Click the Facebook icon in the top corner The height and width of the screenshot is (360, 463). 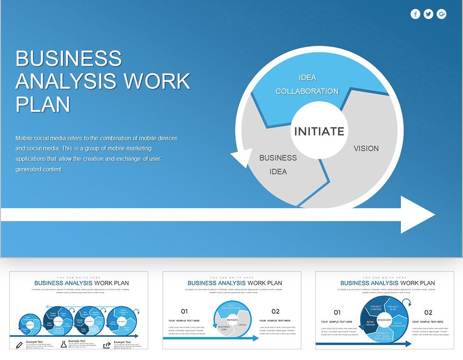pyautogui.click(x=415, y=14)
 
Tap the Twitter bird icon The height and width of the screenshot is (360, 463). pyautogui.click(x=428, y=14)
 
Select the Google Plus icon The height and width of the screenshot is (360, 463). pyautogui.click(x=442, y=14)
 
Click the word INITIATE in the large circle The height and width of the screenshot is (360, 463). pyautogui.click(x=319, y=131)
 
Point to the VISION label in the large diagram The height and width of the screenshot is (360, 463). pyautogui.click(x=366, y=149)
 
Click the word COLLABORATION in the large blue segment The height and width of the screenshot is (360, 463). pyautogui.click(x=307, y=92)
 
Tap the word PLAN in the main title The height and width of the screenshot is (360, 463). pyautogui.click(x=43, y=104)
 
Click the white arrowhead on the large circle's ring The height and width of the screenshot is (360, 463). pyautogui.click(x=241, y=158)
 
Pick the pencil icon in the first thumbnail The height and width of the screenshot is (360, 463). pyautogui.click(x=19, y=345)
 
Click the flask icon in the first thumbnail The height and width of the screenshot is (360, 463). pyautogui.click(x=63, y=345)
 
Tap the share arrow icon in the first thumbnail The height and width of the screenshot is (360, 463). pyautogui.click(x=107, y=345)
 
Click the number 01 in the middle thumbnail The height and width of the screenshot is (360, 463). pyautogui.click(x=184, y=311)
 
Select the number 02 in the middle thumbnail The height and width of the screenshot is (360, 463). pyautogui.click(x=275, y=311)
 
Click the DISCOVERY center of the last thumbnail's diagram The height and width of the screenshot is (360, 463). pyautogui.click(x=384, y=320)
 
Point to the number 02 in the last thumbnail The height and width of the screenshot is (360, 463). pyautogui.click(x=428, y=312)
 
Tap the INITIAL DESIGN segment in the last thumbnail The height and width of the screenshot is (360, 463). pyautogui.click(x=370, y=323)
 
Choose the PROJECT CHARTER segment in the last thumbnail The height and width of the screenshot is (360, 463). pyautogui.click(x=376, y=308)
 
